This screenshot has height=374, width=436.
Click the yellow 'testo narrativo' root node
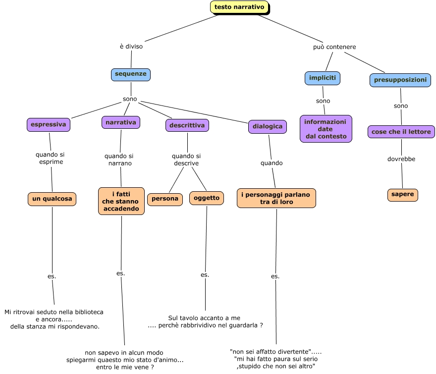pyautogui.click(x=239, y=7)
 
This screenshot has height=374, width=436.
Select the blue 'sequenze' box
pyautogui.click(x=130, y=74)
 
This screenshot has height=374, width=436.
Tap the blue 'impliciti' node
pyautogui.click(x=322, y=78)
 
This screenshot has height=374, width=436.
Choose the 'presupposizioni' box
pyautogui.click(x=400, y=80)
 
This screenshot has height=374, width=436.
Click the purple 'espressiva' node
pyautogui.click(x=48, y=125)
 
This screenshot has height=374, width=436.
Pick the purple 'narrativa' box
pyautogui.click(x=120, y=122)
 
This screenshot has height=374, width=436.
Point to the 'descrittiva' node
pyautogui.click(x=187, y=126)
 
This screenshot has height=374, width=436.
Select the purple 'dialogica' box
pyautogui.click(x=268, y=126)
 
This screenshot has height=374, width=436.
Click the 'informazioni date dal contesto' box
pyautogui.click(x=326, y=129)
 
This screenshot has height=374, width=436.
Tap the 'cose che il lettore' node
pyautogui.click(x=401, y=132)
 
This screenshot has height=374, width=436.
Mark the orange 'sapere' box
pyautogui.click(x=402, y=195)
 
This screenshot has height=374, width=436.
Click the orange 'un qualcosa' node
pyautogui.click(x=52, y=199)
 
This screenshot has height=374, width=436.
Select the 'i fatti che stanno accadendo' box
pyautogui.click(x=121, y=201)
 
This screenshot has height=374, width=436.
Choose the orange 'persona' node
pyautogui.click(x=164, y=199)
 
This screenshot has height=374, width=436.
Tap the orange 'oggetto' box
pyautogui.click(x=206, y=198)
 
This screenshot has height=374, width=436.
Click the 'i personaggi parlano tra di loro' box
pyautogui.click(x=276, y=198)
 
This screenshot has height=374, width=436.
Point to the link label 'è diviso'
pyautogui.click(x=131, y=47)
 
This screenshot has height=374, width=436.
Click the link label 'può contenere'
pyautogui.click(x=334, y=47)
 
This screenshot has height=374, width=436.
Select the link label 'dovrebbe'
pyautogui.click(x=401, y=159)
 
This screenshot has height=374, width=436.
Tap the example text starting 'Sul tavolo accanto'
pyautogui.click(x=205, y=321)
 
